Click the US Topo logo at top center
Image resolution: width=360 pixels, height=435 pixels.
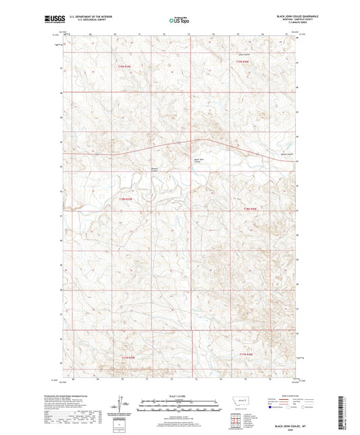point(180,21)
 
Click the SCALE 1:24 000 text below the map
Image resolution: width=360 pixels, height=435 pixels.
point(180,396)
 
